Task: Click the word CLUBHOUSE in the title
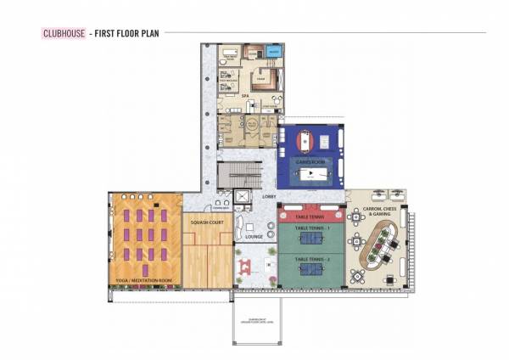(64, 34)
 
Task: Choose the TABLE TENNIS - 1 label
(310, 228)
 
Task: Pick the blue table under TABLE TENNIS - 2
(310, 269)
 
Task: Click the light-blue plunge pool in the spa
(274, 53)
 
